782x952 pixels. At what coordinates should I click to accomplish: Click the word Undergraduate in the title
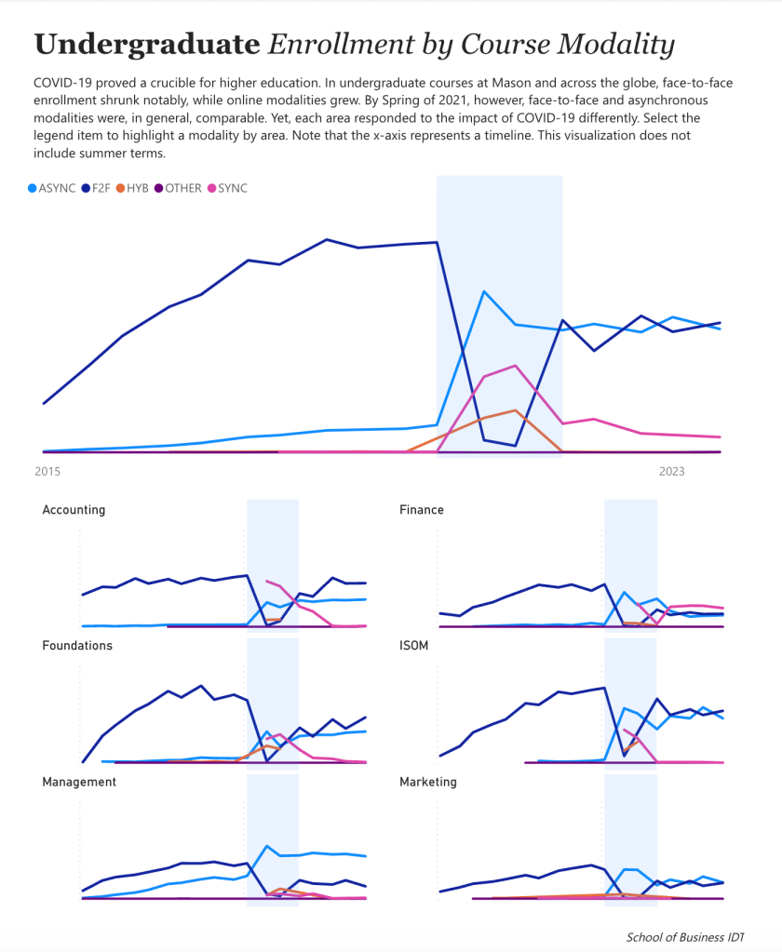146,44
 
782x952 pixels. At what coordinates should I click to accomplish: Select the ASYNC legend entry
57,188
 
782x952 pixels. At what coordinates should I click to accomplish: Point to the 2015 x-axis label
47,472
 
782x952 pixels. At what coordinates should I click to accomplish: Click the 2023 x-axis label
671,472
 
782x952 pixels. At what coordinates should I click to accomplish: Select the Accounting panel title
74,510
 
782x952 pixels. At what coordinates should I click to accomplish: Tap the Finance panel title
422,510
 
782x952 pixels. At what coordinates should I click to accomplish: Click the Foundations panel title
77,646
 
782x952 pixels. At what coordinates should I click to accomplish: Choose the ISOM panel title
414,646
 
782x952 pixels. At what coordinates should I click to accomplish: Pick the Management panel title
79,782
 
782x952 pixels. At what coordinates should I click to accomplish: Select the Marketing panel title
428,782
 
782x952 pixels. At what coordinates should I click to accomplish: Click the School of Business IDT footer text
685,937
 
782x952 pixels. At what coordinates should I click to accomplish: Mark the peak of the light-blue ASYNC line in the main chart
484,291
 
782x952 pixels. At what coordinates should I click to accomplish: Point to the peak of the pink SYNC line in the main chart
515,366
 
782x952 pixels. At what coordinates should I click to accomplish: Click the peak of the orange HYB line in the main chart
515,409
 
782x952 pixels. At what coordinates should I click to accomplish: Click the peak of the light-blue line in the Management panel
267,846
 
